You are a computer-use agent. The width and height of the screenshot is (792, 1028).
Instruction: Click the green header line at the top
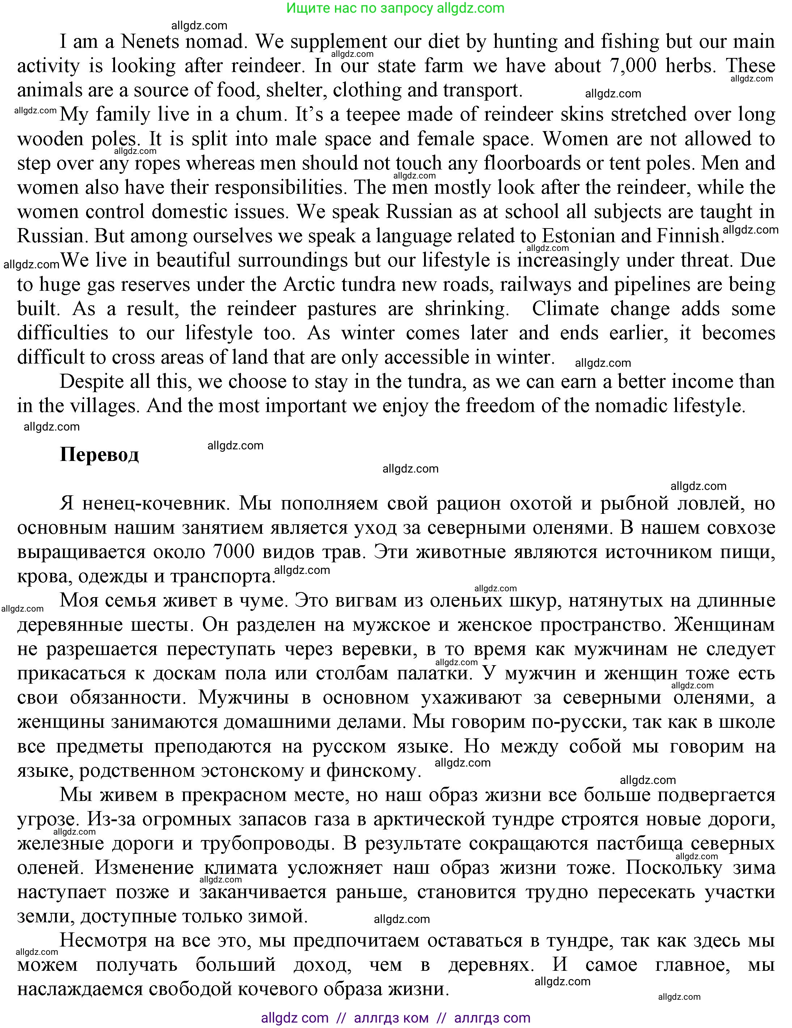395,8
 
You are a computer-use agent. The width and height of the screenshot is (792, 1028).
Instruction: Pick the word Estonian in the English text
578,236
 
